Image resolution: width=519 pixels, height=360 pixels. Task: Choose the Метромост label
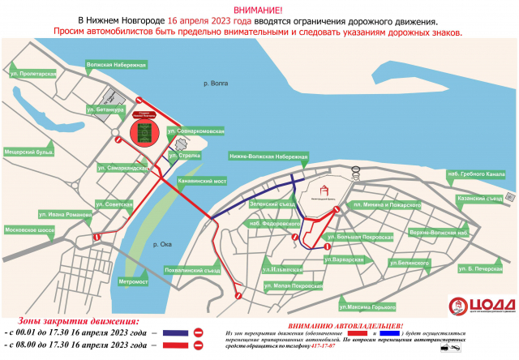pyautogui.click(x=134, y=282)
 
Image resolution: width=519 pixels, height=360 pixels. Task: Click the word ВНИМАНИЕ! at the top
pyautogui.click(x=259, y=7)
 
